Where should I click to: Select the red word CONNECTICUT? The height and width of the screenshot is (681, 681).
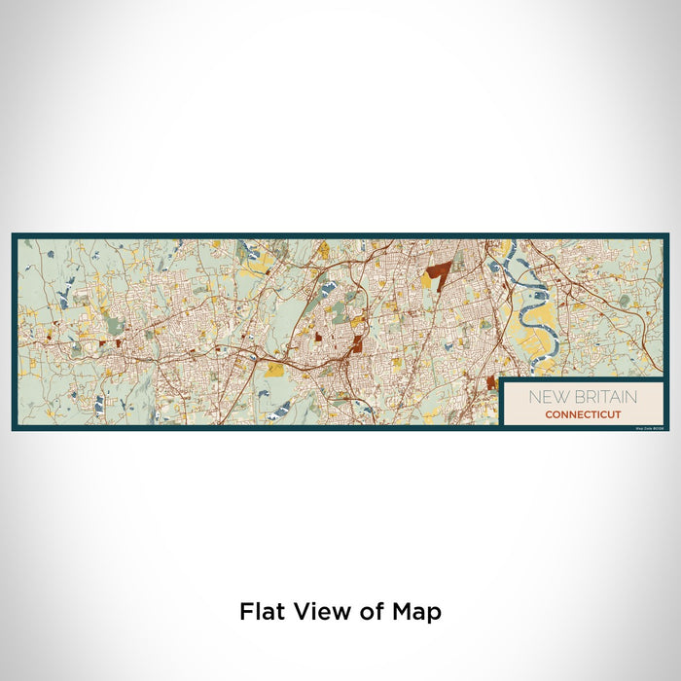(x=583, y=414)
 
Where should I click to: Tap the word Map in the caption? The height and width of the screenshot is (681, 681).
(x=418, y=613)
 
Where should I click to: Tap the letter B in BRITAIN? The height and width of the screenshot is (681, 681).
(x=577, y=397)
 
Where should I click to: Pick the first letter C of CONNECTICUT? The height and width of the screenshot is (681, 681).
(x=549, y=414)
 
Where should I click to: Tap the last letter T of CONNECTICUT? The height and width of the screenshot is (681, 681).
(x=618, y=414)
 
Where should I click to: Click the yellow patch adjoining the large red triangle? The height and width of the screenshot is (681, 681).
(x=425, y=280)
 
